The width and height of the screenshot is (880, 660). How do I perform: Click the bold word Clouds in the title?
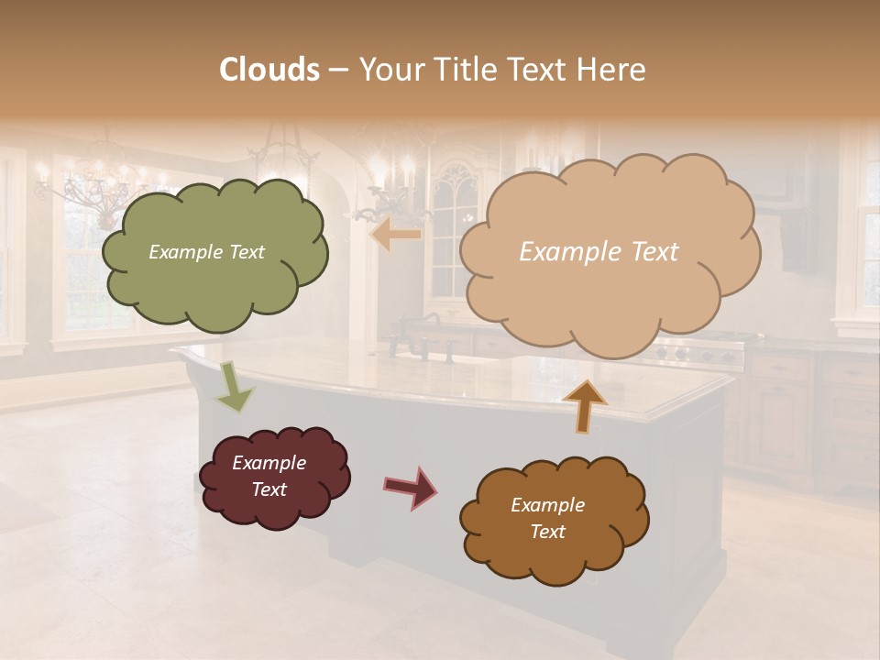(269, 70)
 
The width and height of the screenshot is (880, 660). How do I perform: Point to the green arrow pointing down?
(234, 386)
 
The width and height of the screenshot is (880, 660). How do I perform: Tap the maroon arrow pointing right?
(410, 487)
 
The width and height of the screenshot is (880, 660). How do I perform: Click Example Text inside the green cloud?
(206, 252)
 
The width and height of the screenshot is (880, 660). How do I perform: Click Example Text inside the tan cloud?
(599, 252)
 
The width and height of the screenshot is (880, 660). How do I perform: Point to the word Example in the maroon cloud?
(269, 463)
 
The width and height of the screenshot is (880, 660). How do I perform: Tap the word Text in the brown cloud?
(547, 532)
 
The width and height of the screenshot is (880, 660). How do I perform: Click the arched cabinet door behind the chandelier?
(456, 229)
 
